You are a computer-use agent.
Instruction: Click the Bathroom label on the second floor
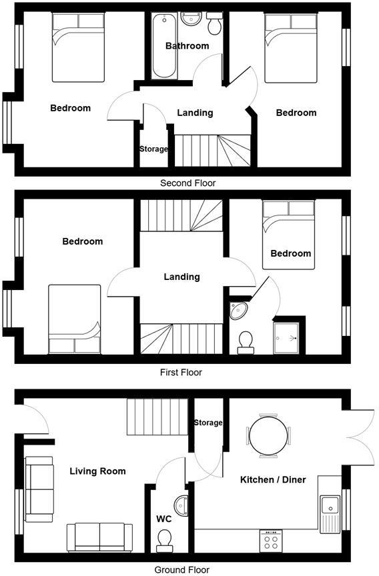[x=187, y=46]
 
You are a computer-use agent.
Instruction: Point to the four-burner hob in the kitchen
[x=270, y=539]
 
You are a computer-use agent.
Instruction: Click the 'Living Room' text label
[x=97, y=471]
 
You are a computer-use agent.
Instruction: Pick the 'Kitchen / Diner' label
[x=273, y=479]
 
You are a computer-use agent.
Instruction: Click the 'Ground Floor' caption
[x=181, y=570]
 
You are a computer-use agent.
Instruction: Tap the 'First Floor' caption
[x=181, y=373]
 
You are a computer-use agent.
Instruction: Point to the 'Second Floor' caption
[x=188, y=183]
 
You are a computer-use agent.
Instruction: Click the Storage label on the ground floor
[x=208, y=423]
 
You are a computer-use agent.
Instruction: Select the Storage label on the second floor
[x=153, y=149]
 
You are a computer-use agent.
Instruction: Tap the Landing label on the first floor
[x=181, y=277]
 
